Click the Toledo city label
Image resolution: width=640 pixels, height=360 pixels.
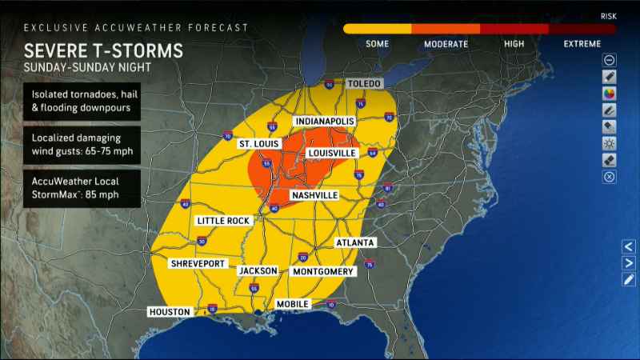(x=365, y=84)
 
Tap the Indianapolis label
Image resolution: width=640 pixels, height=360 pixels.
(x=326, y=122)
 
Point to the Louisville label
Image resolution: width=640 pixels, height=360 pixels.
(x=332, y=153)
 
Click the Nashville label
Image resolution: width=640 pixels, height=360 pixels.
(x=314, y=195)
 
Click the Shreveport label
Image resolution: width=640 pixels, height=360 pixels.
(x=197, y=264)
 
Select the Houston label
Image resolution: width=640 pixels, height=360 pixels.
(x=170, y=312)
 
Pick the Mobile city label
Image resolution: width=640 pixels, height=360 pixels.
(x=293, y=304)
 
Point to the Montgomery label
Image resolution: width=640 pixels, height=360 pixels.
(x=324, y=271)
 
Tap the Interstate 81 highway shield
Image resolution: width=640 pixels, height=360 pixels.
(x=388, y=188)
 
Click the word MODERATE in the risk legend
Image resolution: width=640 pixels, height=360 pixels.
(x=446, y=44)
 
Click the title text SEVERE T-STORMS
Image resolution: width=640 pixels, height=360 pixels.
(x=103, y=51)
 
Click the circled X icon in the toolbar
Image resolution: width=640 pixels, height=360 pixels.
(x=609, y=178)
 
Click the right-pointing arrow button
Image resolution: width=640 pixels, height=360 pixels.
(x=629, y=262)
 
